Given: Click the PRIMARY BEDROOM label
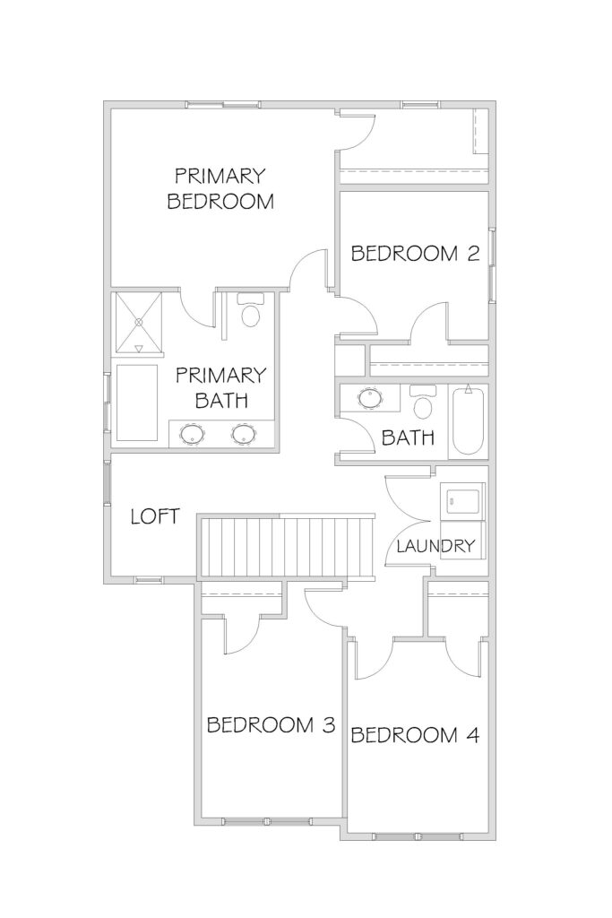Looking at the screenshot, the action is click(x=220, y=188).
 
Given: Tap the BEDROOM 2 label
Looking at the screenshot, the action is click(x=416, y=254).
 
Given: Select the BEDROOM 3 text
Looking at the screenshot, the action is click(x=271, y=724).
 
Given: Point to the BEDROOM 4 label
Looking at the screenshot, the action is click(x=415, y=735).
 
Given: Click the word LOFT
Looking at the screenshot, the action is click(x=155, y=516).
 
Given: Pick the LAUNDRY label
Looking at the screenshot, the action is click(x=435, y=546).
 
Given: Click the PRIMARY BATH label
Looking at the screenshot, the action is click(x=221, y=387).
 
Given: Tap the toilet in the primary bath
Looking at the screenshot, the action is click(x=250, y=310).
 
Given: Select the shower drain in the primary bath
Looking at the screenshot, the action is click(x=139, y=322).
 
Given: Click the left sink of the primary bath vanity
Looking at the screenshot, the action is click(x=193, y=435).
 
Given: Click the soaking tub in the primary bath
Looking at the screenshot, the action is click(x=137, y=403).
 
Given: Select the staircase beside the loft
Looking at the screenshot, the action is click(x=287, y=546).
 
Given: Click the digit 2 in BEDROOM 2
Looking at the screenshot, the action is click(x=474, y=254).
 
